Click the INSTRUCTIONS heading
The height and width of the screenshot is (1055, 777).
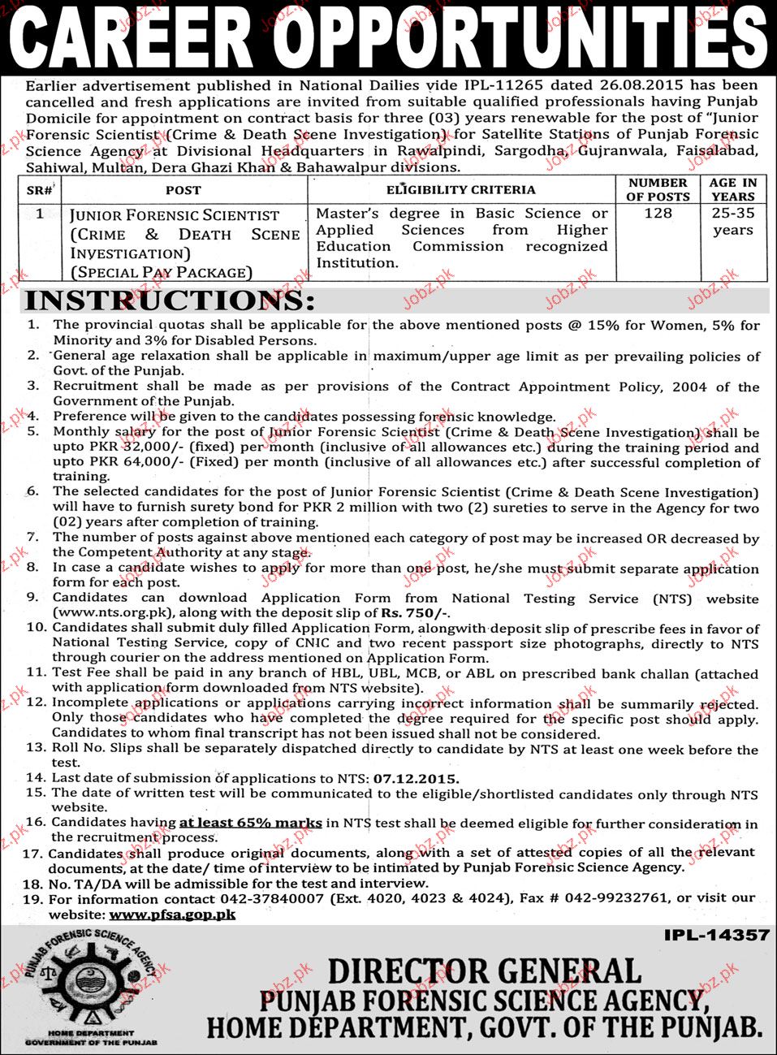point(169,301)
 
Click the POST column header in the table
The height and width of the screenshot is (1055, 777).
point(183,190)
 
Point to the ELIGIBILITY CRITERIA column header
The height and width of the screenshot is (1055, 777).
point(461,190)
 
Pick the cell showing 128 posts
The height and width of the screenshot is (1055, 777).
point(658,213)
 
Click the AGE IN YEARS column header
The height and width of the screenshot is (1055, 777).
point(732,189)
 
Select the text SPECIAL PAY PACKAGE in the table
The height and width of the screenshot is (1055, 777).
point(162,273)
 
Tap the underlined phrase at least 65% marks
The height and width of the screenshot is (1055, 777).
point(251,823)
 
